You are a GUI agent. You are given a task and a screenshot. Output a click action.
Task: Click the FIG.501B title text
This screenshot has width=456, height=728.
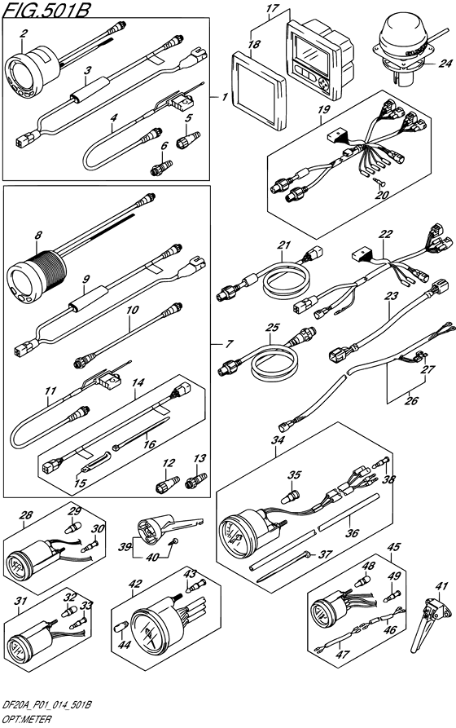point(46,9)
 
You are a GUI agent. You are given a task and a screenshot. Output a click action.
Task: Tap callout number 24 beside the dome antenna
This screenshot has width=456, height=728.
point(445,62)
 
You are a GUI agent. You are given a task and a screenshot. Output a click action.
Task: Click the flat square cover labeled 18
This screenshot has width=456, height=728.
point(258,90)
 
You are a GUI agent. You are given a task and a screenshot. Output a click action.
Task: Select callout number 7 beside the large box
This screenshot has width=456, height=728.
point(229,344)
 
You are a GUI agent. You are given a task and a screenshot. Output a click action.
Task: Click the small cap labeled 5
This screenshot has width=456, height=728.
point(188,138)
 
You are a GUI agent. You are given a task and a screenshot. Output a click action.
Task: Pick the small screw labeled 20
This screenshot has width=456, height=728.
point(378,182)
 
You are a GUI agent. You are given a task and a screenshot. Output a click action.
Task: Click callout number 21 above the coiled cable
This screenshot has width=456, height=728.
point(284,245)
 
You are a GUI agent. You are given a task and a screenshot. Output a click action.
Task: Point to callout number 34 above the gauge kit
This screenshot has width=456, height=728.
point(277,439)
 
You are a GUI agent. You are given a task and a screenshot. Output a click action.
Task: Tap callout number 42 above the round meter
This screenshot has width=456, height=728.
point(135,583)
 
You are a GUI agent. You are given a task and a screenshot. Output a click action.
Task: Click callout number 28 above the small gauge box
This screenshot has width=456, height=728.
point(26,514)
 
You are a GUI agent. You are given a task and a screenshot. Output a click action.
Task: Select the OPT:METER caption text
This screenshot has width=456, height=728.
point(26,719)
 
